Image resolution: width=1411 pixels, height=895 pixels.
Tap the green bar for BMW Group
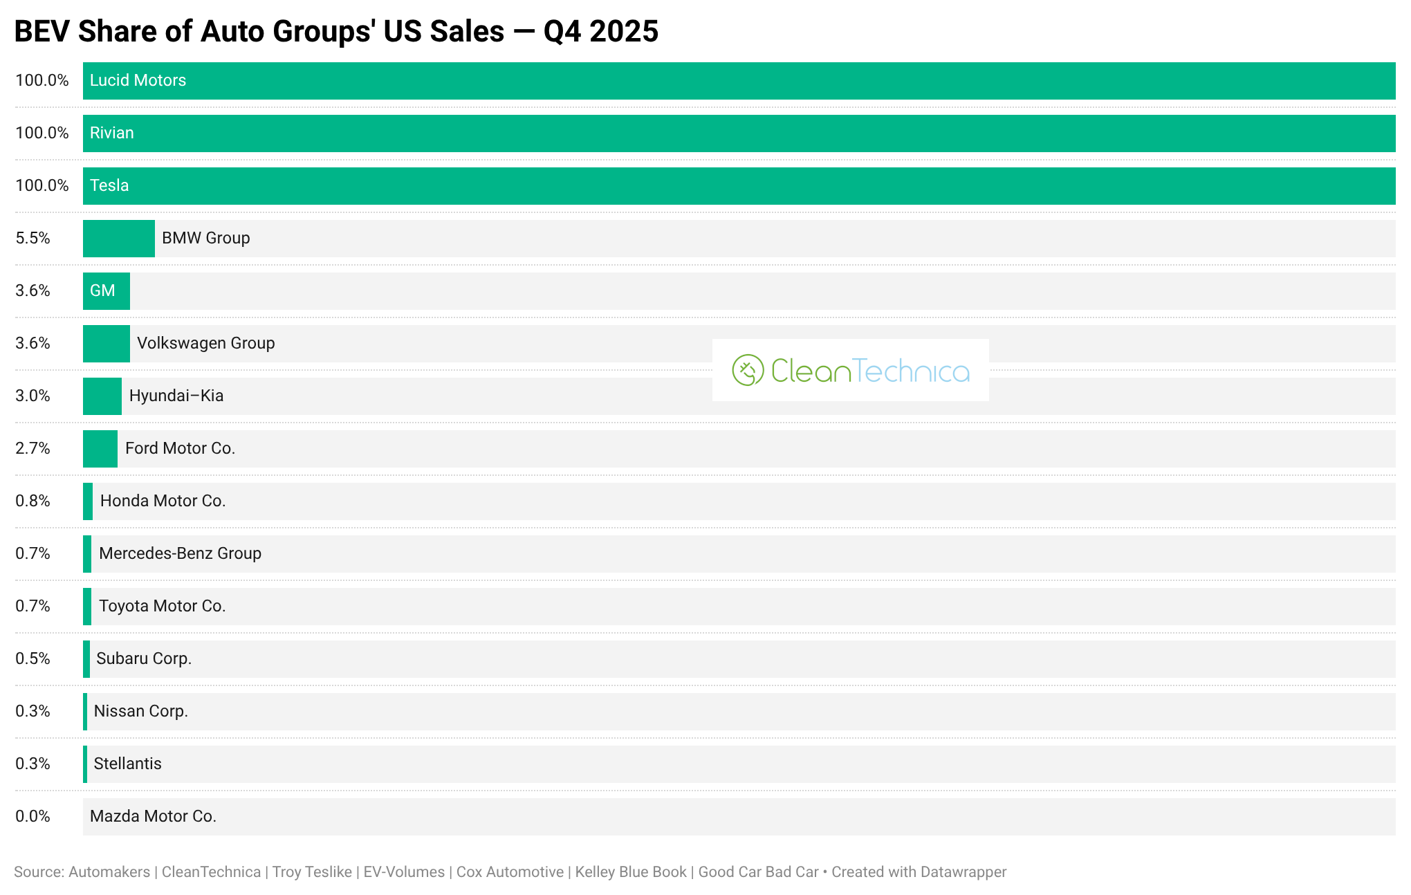click(118, 239)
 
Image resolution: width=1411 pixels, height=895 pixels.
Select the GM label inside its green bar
click(102, 290)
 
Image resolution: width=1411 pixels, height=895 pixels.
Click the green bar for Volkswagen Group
click(106, 344)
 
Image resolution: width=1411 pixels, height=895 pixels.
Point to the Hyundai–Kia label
click(176, 396)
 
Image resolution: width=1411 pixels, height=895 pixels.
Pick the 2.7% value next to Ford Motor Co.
click(33, 448)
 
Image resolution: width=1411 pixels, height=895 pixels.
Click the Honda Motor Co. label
click(163, 501)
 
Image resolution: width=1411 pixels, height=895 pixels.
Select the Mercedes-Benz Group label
click(180, 553)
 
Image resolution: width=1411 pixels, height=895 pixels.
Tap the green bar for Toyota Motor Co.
click(87, 607)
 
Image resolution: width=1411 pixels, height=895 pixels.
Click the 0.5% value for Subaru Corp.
click(33, 658)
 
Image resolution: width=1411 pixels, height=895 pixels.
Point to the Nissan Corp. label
click(140, 711)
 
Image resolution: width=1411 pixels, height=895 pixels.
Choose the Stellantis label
click(127, 764)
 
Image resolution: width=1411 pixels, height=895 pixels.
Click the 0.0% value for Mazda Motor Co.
click(33, 816)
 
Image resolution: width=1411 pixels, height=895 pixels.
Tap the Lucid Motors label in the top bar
click(138, 80)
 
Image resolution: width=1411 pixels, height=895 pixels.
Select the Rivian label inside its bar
click(111, 133)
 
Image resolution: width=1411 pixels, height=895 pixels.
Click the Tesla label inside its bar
click(109, 185)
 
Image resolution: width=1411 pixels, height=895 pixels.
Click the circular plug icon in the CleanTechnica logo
click(748, 370)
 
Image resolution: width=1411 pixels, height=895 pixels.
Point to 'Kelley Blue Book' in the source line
click(631, 872)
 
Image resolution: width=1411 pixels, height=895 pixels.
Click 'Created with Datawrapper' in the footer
click(919, 872)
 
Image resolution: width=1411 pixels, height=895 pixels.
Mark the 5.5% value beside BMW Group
click(33, 238)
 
